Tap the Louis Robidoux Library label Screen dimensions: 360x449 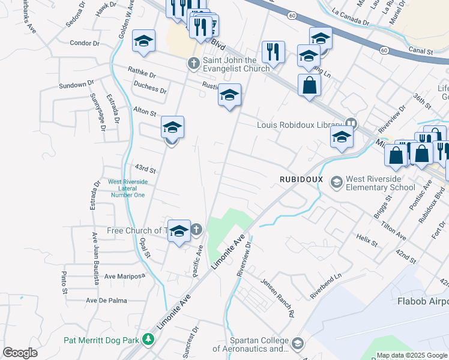299,125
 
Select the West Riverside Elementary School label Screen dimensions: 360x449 381,183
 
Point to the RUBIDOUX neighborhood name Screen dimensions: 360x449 301,179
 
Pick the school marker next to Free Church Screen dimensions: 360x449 179,231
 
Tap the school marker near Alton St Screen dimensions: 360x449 172,128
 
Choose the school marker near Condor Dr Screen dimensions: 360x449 143,41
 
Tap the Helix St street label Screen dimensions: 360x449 365,243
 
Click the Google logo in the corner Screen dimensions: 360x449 20,352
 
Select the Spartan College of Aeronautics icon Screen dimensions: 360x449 298,343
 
